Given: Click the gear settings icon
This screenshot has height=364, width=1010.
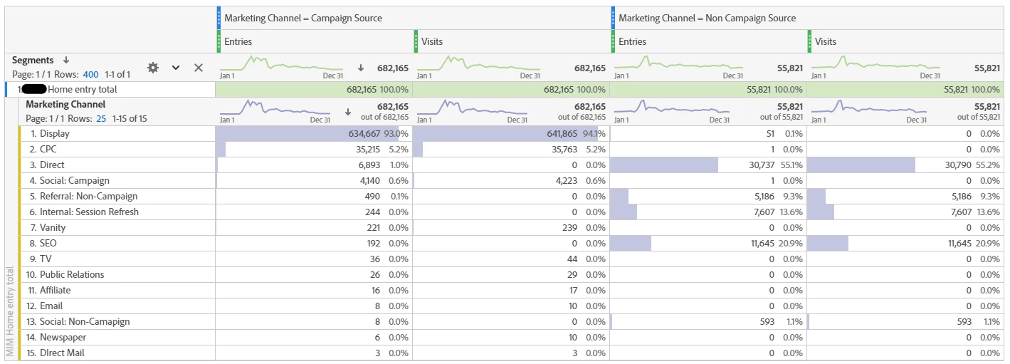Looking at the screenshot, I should tap(152, 68).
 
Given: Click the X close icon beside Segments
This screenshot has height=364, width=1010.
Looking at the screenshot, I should tap(199, 68).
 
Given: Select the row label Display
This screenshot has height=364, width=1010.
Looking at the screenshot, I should tap(55, 134).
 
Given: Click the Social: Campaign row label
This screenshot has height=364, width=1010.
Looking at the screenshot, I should tap(74, 181).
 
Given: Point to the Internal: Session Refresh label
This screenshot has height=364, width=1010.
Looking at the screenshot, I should tap(89, 212).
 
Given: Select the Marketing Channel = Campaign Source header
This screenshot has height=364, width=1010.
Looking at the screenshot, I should tap(303, 19).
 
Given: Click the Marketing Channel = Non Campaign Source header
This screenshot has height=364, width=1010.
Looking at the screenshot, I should tap(707, 19).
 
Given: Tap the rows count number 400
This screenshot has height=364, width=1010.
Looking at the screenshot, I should tap(90, 75).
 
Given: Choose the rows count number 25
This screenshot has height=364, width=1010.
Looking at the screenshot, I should tap(101, 119).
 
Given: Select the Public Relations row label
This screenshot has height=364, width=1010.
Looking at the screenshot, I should tap(72, 275).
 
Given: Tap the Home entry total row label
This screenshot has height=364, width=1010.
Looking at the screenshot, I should tap(82, 90).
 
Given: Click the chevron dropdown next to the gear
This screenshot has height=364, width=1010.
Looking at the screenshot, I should tap(176, 68).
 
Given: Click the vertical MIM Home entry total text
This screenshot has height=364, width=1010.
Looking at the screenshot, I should tap(9, 313).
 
